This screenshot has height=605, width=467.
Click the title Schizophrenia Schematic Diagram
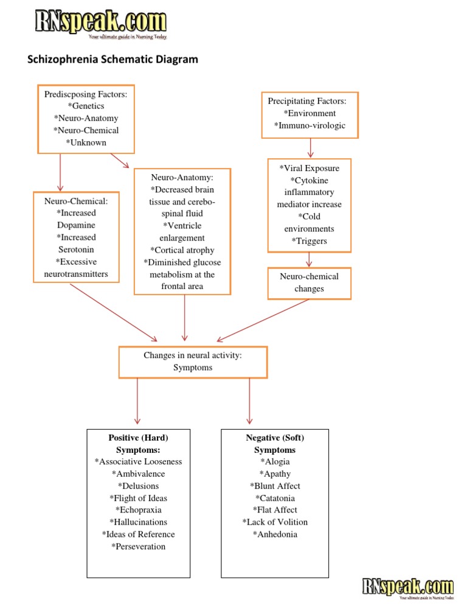[113, 60]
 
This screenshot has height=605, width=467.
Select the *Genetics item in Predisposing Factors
[86, 106]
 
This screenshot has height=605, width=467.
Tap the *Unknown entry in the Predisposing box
[86, 142]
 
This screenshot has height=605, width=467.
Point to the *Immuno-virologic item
[310, 125]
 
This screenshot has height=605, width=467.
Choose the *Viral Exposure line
[310, 168]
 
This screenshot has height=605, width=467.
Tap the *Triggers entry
[310, 241]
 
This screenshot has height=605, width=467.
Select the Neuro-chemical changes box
[310, 282]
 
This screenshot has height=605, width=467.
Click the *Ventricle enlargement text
[182, 232]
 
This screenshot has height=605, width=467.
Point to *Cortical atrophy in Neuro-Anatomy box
[182, 250]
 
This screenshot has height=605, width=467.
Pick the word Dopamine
[77, 225]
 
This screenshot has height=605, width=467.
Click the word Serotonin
[77, 250]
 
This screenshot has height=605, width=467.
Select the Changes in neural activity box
[193, 362]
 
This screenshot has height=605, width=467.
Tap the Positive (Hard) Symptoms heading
[138, 444]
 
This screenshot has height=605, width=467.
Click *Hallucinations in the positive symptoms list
[138, 522]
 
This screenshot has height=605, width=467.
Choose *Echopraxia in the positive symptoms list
[138, 510]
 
